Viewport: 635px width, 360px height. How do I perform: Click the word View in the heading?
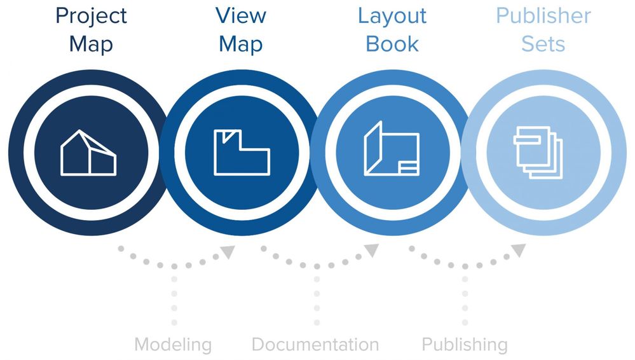click(x=241, y=15)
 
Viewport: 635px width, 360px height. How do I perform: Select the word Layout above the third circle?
click(x=392, y=17)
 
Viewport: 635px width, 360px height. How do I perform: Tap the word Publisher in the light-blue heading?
click(x=543, y=17)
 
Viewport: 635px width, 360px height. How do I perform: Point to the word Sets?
click(x=543, y=44)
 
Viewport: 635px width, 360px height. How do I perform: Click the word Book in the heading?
click(x=392, y=44)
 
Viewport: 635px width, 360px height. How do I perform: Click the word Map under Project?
click(x=91, y=44)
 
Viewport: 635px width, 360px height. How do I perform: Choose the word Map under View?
click(x=241, y=44)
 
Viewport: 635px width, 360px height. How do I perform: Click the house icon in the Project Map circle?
click(x=88, y=153)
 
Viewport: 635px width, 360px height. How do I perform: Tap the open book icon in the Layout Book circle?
click(x=391, y=150)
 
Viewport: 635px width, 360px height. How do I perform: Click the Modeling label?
click(x=173, y=345)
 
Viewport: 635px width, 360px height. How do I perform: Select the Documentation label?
click(x=315, y=345)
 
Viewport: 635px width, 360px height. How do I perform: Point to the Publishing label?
click(x=465, y=345)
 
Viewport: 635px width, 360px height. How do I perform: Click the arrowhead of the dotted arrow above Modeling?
click(x=228, y=252)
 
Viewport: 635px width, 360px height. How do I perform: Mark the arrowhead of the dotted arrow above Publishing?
click(x=519, y=251)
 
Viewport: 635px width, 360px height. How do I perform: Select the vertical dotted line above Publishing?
click(x=465, y=299)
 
